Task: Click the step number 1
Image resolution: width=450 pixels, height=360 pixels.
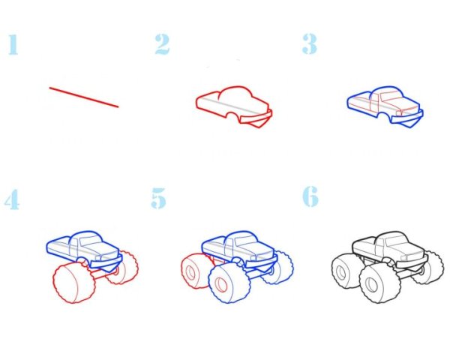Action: tap(13, 44)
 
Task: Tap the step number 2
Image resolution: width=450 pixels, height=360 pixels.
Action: tap(162, 44)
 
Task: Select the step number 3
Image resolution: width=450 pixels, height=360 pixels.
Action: tap(309, 43)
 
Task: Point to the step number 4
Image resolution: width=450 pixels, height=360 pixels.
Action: tap(12, 199)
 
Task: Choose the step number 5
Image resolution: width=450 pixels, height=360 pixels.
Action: tap(158, 198)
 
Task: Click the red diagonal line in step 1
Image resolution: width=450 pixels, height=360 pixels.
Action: tap(84, 97)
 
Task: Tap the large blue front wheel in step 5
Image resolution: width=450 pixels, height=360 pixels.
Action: tap(229, 283)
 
